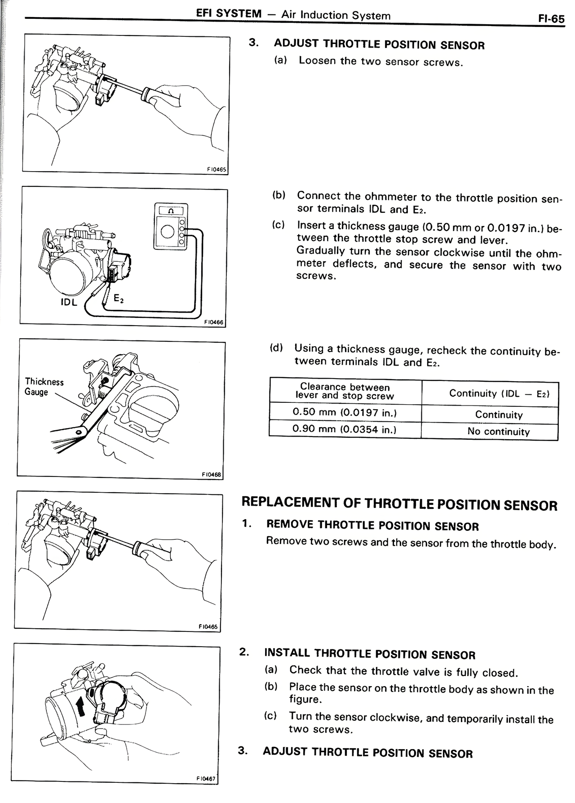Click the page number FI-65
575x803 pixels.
pos(551,19)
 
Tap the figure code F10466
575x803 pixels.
pos(213,322)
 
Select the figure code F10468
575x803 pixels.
pos(212,474)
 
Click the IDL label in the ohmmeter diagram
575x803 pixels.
pos(69,302)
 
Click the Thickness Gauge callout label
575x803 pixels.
pos(44,387)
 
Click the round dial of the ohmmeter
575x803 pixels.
pos(167,232)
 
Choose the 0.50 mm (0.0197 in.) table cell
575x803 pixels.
pos(345,412)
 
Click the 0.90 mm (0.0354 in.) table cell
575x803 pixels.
pos(345,429)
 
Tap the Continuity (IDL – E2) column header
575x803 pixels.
pos(499,393)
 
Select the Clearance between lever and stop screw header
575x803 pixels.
pos(345,391)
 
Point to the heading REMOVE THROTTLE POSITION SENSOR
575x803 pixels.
pos(372,525)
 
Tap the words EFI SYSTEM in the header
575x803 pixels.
pos(229,13)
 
